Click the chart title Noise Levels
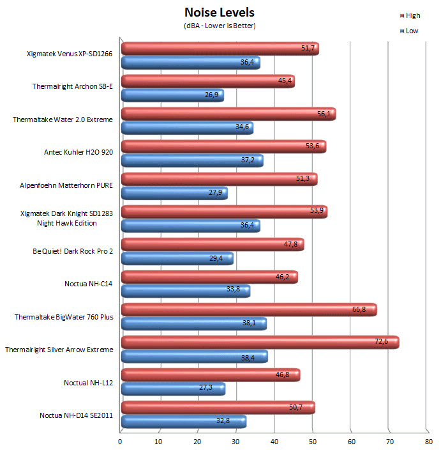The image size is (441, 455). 220,12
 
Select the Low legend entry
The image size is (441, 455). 411,31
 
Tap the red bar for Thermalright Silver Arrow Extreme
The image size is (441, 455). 259,343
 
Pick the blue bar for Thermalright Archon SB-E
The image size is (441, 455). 172,95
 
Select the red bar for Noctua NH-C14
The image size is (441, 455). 209,277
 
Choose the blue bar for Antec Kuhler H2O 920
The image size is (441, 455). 191,160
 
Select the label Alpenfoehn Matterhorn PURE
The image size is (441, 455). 66,186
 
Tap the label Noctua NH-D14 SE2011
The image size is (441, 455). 77,414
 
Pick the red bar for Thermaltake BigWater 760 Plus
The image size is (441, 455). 248,310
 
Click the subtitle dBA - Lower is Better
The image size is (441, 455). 220,26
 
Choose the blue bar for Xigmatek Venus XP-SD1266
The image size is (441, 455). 190,63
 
